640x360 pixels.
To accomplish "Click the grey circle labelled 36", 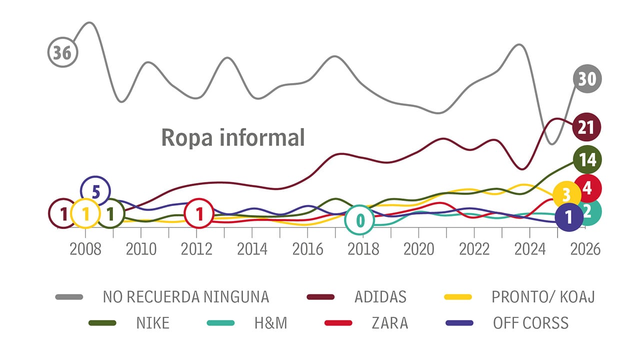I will [x=62, y=52].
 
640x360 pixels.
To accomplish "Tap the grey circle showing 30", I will [x=587, y=78].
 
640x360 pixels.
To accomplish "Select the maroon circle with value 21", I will [x=586, y=127].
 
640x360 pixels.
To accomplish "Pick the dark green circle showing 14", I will [x=587, y=159].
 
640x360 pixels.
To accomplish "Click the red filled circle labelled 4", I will [x=587, y=188].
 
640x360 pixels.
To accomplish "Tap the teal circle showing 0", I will [x=359, y=220].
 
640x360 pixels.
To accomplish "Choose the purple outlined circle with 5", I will [x=95, y=190].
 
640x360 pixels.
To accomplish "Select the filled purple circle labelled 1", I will [x=568, y=217].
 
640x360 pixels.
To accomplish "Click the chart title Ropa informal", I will [x=232, y=137].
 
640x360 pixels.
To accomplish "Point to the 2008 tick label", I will [x=85, y=249].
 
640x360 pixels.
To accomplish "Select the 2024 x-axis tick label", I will [x=530, y=249].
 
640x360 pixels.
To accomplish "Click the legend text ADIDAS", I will [x=380, y=297].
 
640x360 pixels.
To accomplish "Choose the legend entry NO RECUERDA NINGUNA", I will [x=185, y=297].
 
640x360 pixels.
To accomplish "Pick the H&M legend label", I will [x=270, y=323].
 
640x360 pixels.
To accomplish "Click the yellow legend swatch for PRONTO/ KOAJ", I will [x=458, y=297].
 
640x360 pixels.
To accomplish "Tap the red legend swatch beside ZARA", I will [x=338, y=323].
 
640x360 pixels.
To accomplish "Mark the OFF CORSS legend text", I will [x=530, y=323].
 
